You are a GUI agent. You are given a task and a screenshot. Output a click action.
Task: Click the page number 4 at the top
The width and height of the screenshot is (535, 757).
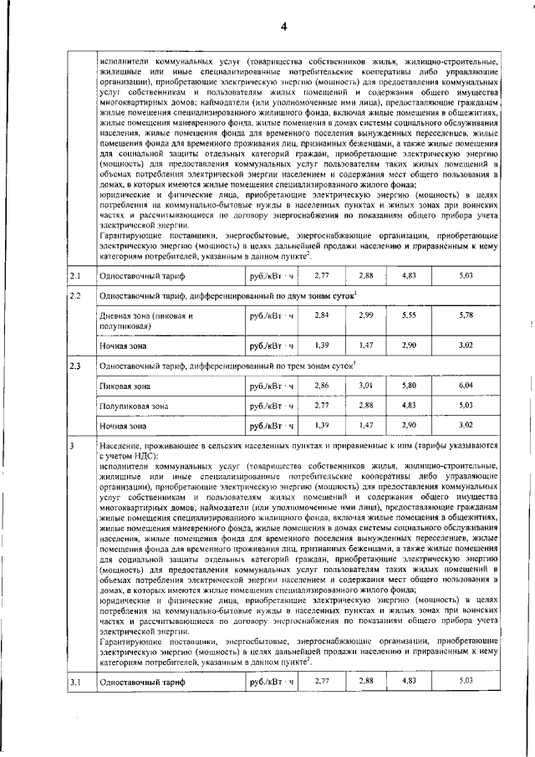pos(283,26)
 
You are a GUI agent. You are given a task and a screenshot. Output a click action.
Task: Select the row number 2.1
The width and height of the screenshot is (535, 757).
pos(74,275)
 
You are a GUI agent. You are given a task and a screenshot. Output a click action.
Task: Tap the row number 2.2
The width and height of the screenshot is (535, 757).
pos(74,297)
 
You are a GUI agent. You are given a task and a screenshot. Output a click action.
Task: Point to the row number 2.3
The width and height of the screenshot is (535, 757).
pos(74,365)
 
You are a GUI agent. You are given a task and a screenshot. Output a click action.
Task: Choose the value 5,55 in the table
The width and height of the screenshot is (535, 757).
pos(409,315)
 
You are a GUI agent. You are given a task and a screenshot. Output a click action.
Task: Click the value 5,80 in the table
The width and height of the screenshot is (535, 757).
pos(409,385)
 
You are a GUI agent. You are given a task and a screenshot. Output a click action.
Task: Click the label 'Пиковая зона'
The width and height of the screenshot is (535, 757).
pos(125,386)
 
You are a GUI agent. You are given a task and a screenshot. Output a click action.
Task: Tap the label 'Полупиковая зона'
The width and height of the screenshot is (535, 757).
pos(134,406)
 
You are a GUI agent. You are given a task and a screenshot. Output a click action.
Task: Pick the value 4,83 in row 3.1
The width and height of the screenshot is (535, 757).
pos(409,681)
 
